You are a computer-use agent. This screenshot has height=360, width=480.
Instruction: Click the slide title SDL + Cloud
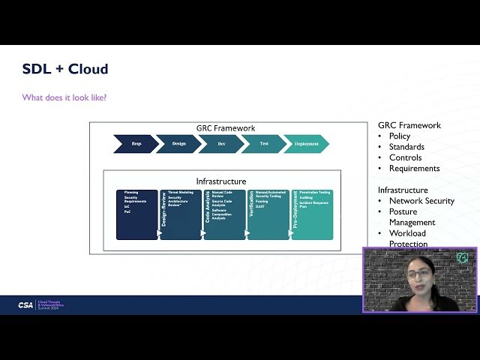(65, 69)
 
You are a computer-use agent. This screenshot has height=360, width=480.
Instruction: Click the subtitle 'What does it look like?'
(64, 97)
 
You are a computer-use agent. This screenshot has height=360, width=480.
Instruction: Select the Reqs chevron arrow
(136, 143)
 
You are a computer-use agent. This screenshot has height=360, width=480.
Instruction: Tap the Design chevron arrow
(178, 143)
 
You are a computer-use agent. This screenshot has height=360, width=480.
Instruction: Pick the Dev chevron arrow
(221, 143)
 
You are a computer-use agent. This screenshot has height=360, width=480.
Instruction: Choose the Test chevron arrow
(263, 143)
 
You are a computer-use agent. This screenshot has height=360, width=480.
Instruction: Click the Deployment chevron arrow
(306, 143)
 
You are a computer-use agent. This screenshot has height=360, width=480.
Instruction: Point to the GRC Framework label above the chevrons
(226, 128)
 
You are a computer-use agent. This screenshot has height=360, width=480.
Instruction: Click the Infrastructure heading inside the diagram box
(221, 181)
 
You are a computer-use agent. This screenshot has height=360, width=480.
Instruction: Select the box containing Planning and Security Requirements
(136, 214)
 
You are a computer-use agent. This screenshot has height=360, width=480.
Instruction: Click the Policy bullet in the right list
(399, 136)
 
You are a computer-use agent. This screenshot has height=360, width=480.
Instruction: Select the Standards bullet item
(406, 147)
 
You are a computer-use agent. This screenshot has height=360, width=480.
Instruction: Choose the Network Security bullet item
(421, 201)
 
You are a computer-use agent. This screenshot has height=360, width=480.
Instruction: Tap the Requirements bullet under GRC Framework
(414, 169)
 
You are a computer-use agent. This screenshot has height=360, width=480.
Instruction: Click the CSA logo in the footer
(25, 305)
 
